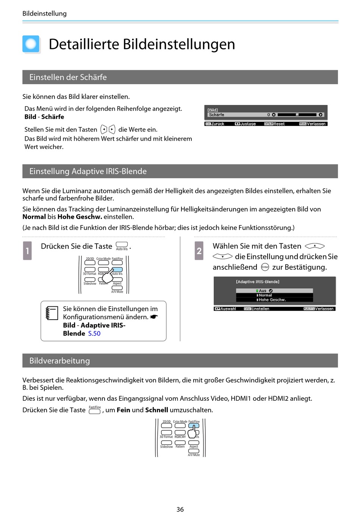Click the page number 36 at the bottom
[180, 509]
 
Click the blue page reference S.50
[94, 334]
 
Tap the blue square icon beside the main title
[31, 44]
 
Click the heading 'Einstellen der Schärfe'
[68, 77]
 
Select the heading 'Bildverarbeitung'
[59, 361]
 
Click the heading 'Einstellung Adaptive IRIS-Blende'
[88, 171]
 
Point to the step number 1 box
[27, 251]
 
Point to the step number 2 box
[199, 251]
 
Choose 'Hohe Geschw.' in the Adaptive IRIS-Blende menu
[272, 300]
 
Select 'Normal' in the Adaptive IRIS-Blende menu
[265, 295]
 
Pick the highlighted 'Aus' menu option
[263, 291]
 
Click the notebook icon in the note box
[52, 313]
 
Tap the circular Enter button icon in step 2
[265, 267]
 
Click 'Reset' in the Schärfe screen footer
[279, 124]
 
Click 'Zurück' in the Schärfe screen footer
[218, 124]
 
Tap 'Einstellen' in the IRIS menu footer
[260, 309]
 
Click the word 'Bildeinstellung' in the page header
[44, 14]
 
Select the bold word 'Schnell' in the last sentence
[157, 410]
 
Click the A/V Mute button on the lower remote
[194, 451]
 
